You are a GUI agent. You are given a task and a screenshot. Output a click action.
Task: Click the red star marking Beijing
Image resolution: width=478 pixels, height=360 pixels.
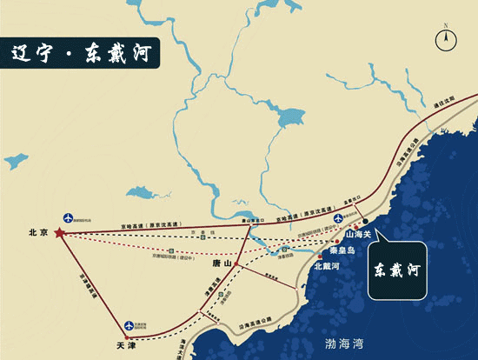click(x=58, y=233)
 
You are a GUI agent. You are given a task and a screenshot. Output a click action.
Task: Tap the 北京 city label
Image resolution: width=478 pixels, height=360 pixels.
click(x=37, y=233)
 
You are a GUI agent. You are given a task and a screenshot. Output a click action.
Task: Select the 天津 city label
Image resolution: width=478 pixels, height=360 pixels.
click(x=127, y=346)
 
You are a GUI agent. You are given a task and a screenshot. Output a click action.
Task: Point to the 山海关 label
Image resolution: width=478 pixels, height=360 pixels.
click(x=359, y=234)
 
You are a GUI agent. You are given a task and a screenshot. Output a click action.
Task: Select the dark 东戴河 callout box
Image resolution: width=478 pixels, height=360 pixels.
click(x=397, y=270)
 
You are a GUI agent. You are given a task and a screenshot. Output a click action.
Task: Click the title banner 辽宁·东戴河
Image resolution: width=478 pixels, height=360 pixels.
click(x=80, y=51)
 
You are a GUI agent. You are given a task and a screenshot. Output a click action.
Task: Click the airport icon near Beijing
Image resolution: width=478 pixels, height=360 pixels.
click(x=70, y=217)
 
